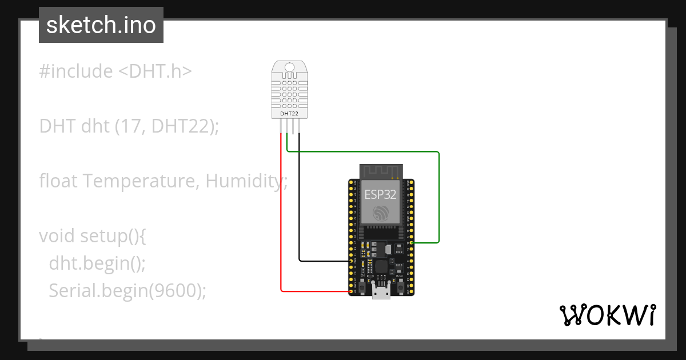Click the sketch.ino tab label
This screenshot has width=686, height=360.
tap(101, 25)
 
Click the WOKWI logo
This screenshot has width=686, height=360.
tap(607, 315)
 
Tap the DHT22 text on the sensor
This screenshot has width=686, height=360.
tap(289, 114)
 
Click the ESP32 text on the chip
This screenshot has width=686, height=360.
tap(381, 194)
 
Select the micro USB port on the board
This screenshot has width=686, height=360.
tap(381, 291)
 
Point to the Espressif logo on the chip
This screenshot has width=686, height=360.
tap(381, 214)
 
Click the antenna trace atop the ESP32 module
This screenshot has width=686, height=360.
tap(381, 170)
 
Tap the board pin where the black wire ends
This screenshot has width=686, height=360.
tap(351, 261)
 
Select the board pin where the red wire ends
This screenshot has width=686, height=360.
tap(351, 291)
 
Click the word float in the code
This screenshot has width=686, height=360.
tap(58, 181)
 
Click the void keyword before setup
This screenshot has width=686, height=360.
tap(57, 236)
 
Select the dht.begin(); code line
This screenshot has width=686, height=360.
tap(97, 263)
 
